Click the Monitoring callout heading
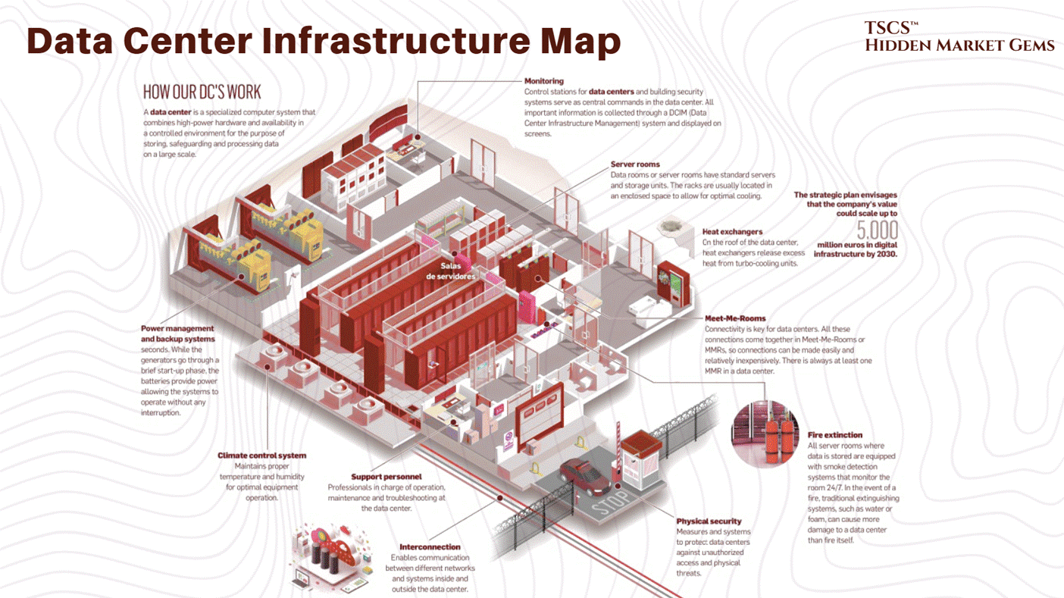pos(544,81)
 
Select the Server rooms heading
pos(635,164)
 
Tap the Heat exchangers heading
pos(732,232)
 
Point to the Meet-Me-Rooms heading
pos(735,318)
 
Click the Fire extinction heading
pos(835,435)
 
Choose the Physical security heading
pos(709,521)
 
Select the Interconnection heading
pos(430,546)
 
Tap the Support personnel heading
pos(386,477)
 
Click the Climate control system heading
pos(261,456)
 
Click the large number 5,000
pos(877,230)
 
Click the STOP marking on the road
pos(610,503)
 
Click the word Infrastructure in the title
pos(395,41)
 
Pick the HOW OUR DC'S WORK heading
pos(202,92)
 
